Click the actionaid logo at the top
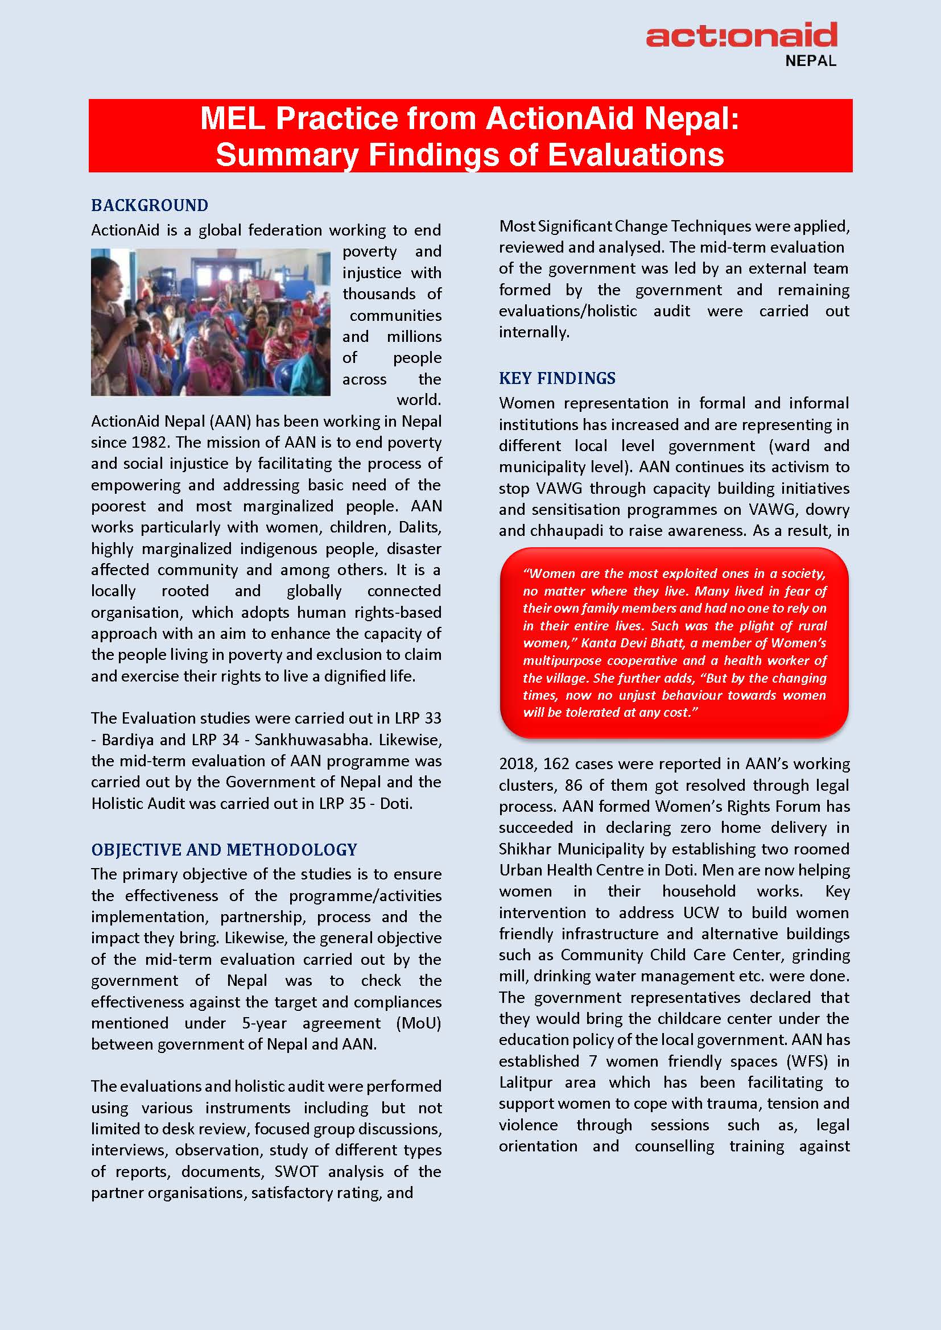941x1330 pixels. [741, 35]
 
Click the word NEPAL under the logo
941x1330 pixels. [810, 61]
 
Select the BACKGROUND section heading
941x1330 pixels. [150, 205]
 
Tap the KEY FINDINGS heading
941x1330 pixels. [557, 378]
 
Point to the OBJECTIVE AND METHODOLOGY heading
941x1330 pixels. [224, 849]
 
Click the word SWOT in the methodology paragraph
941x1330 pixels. [295, 1171]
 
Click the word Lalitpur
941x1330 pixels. [525, 1082]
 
